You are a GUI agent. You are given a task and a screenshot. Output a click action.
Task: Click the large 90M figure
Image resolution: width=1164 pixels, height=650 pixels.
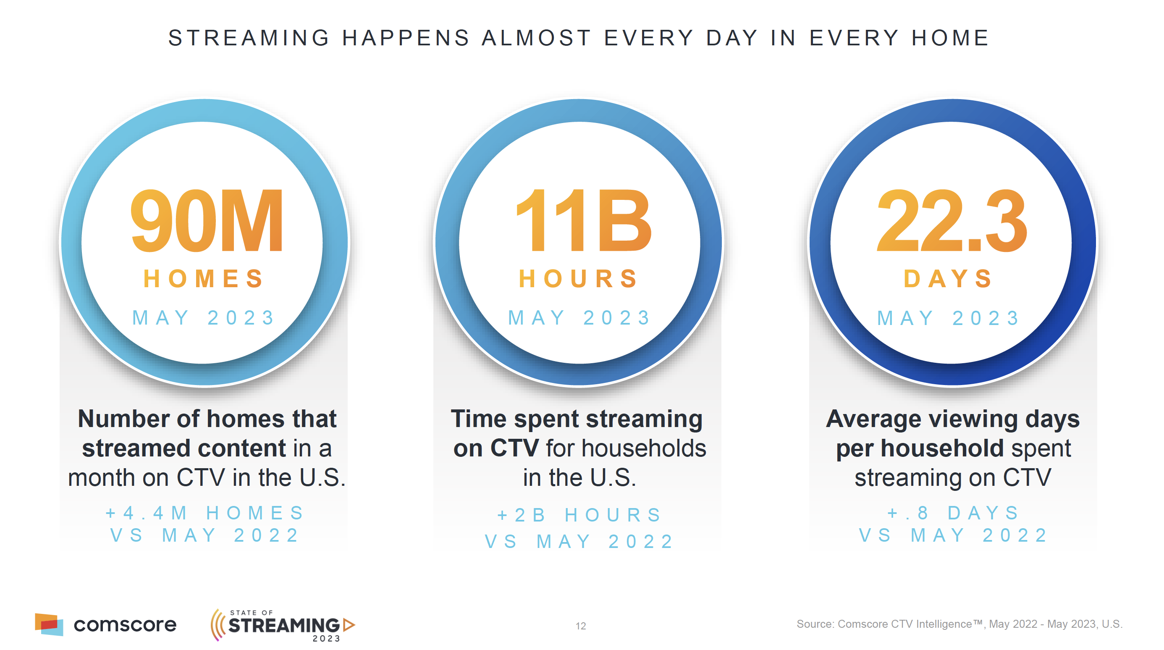207,220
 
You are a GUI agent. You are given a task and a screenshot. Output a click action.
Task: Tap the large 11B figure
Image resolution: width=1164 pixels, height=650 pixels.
582,220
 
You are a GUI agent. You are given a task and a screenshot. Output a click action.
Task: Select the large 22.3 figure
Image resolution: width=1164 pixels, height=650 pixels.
952,220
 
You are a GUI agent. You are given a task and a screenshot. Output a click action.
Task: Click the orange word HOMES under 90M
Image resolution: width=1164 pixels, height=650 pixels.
203,278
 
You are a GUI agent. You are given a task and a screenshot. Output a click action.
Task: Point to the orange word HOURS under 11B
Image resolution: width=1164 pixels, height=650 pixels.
578,278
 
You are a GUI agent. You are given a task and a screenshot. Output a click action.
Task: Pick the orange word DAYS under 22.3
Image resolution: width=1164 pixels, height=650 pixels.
948,278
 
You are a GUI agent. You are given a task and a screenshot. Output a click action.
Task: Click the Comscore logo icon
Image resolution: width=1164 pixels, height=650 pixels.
49,624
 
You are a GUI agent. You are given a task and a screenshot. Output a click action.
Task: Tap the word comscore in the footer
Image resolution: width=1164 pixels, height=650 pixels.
125,625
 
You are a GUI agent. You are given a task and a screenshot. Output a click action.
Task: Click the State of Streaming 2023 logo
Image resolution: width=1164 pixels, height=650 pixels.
283,625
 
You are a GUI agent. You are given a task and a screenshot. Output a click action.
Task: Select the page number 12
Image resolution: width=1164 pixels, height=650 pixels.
581,626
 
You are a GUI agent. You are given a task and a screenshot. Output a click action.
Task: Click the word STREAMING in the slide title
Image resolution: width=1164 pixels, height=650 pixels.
249,38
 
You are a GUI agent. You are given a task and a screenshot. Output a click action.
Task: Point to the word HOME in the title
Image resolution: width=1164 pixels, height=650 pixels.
950,38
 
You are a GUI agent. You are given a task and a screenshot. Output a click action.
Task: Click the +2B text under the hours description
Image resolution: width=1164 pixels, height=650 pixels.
522,515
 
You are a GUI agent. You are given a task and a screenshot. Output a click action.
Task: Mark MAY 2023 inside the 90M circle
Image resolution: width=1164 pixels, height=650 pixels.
203,317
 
